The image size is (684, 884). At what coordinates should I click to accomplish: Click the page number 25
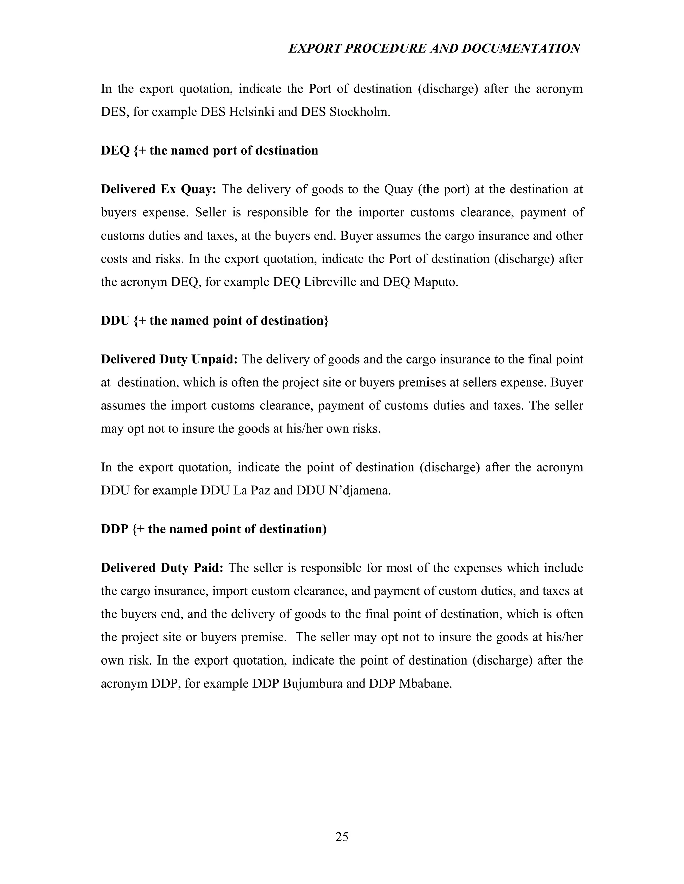(x=342, y=837)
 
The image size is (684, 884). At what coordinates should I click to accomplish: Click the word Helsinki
(x=251, y=112)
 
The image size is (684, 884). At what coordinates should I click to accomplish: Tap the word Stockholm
(x=359, y=112)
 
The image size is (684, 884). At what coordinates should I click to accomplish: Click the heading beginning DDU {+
(x=214, y=321)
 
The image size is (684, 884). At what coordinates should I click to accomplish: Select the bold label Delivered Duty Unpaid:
(x=169, y=359)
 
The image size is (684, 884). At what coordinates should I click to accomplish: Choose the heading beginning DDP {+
(x=213, y=529)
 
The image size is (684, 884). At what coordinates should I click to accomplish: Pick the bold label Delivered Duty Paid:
(x=162, y=568)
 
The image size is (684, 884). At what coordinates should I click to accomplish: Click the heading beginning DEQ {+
(x=209, y=150)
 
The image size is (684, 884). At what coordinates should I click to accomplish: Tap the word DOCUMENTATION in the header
(x=521, y=49)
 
